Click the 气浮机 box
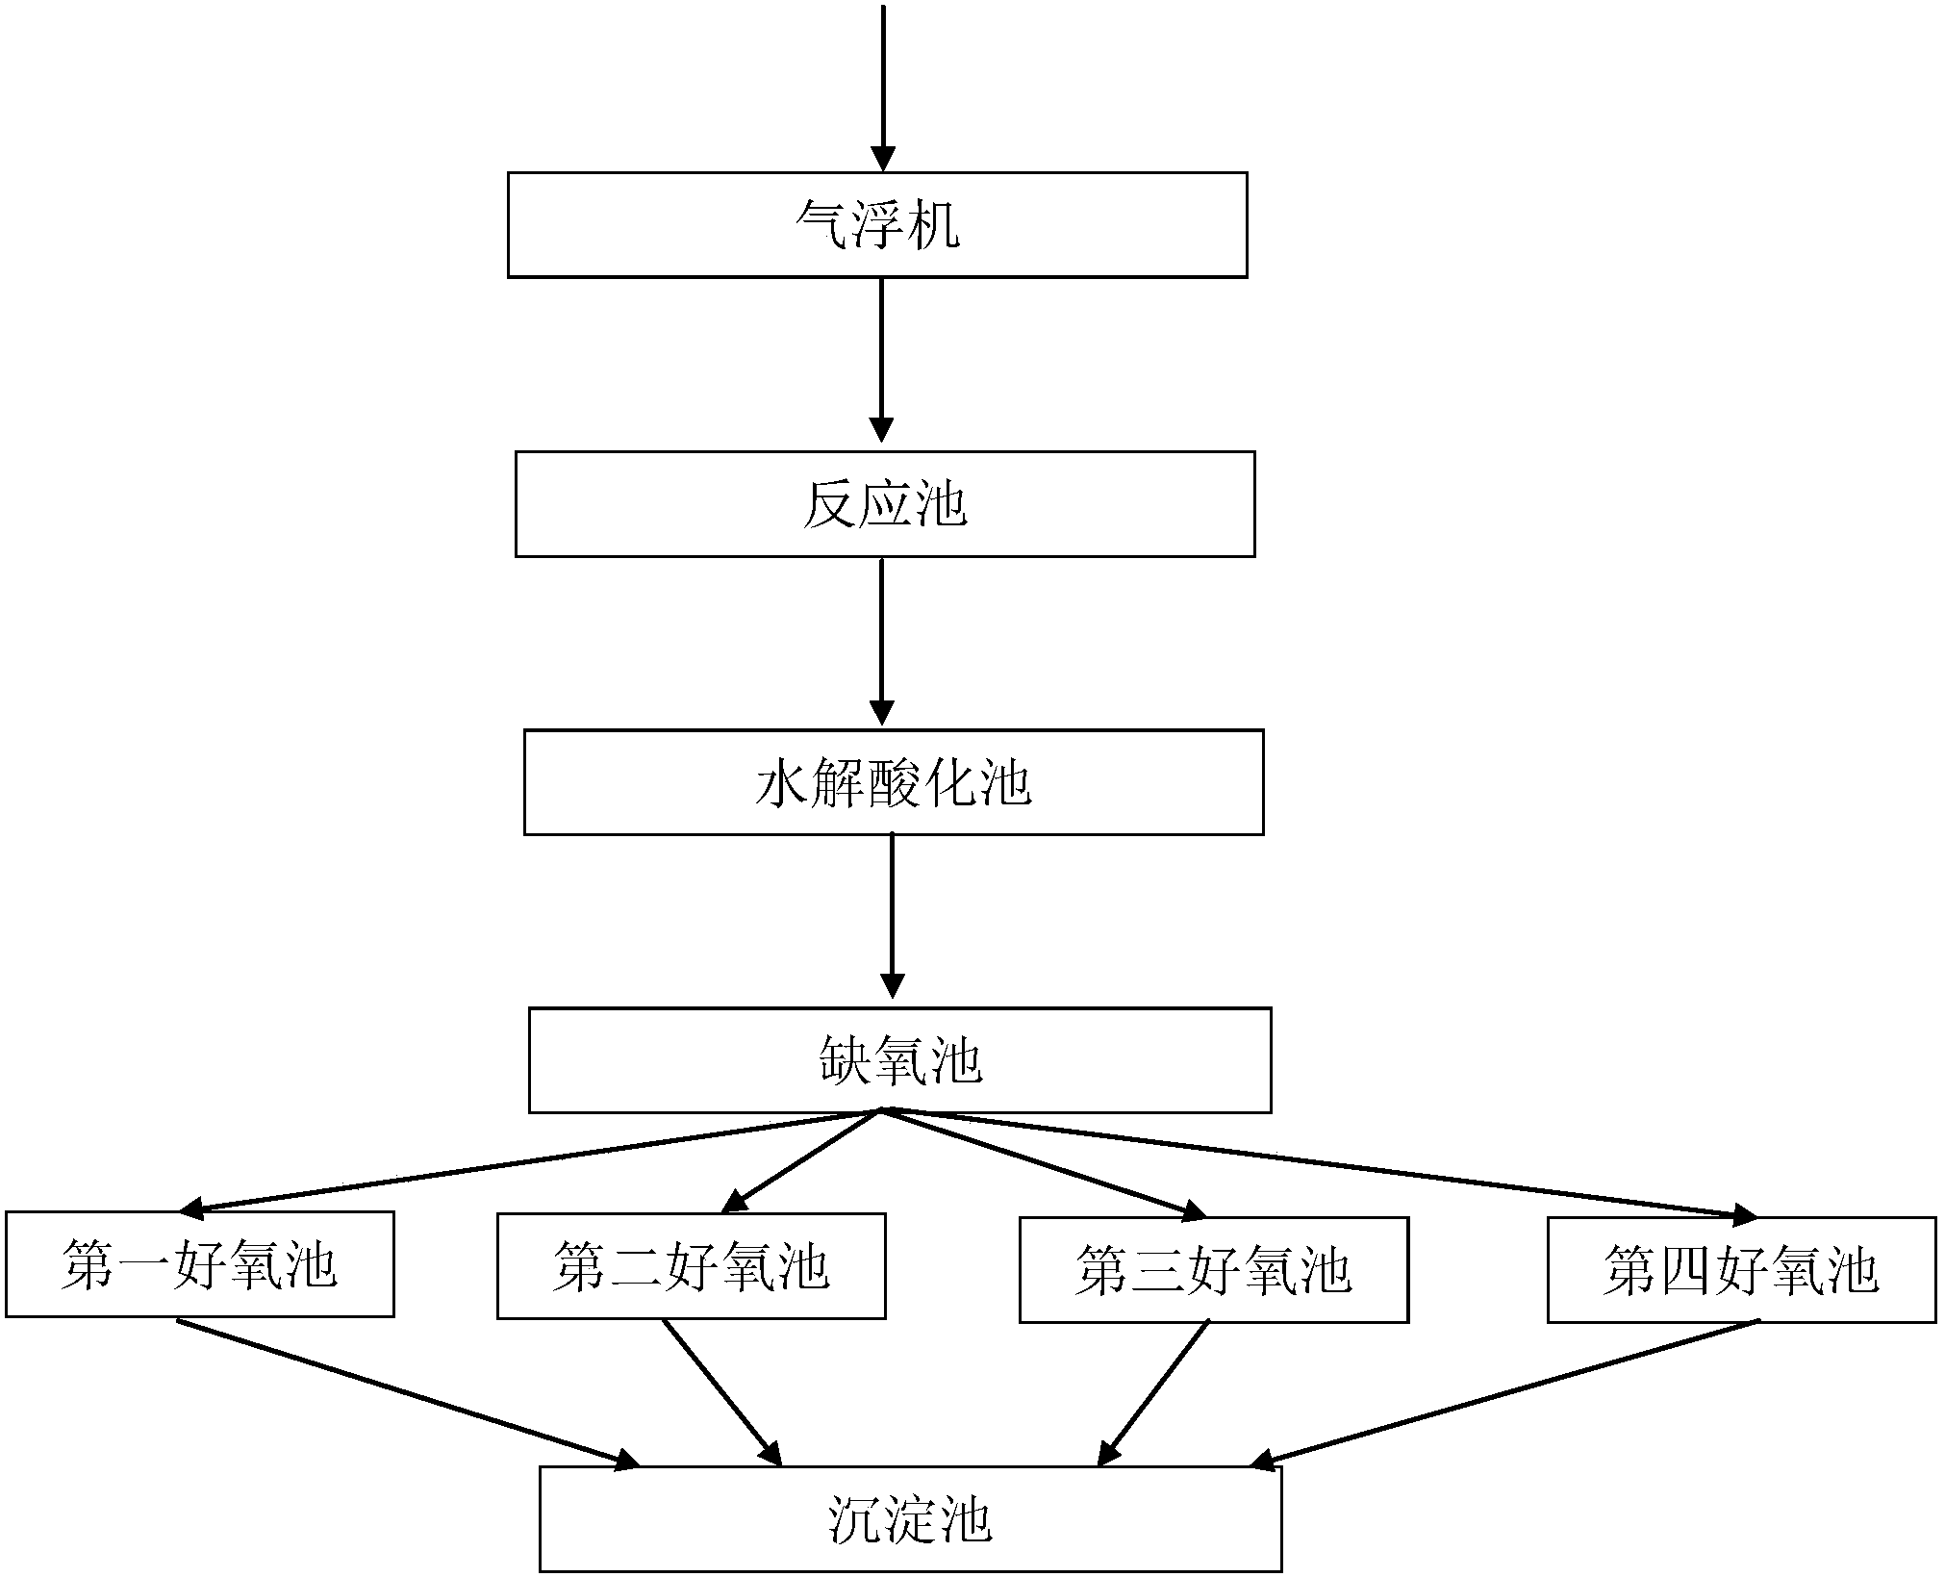pos(877,225)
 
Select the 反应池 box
pos(885,504)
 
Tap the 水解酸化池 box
pos(893,782)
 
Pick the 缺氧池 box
pos(899,1060)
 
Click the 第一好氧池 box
pos(199,1263)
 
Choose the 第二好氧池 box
pos(691,1265)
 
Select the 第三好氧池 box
pos(1213,1269)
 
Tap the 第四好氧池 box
pos(1741,1270)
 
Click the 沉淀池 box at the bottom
pos(910,1519)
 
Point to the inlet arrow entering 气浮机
pos(882,87)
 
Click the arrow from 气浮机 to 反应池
pos(882,361)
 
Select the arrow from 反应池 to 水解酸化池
pos(882,640)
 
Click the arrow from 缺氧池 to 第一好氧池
pos(529,1160)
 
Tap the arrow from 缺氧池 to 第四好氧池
pos(1318,1163)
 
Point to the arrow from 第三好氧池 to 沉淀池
pos(1154,1392)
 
